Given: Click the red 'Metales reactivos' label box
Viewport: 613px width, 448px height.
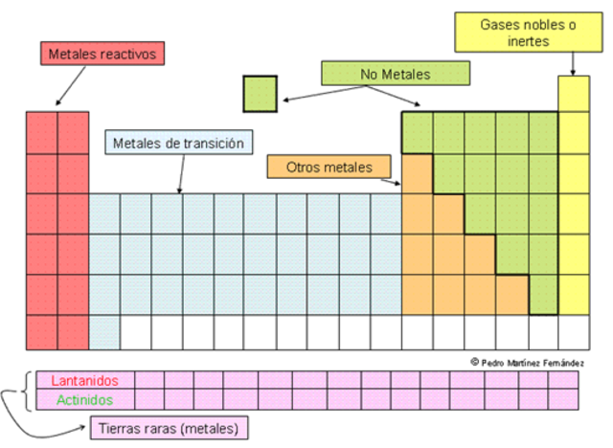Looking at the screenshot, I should point(102,54).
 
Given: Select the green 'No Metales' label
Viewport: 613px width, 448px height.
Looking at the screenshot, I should point(396,74).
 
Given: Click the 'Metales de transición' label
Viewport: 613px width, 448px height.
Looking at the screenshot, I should point(179,144).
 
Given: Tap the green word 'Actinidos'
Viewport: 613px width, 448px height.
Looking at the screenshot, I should point(85,399).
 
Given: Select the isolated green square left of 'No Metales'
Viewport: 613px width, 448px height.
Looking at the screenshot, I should point(260,95).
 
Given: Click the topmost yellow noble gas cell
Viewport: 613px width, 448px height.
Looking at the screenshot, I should point(574,94).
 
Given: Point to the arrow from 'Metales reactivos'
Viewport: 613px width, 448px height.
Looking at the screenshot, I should point(70,87).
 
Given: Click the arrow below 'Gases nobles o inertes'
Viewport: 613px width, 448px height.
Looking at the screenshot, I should point(574,63).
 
